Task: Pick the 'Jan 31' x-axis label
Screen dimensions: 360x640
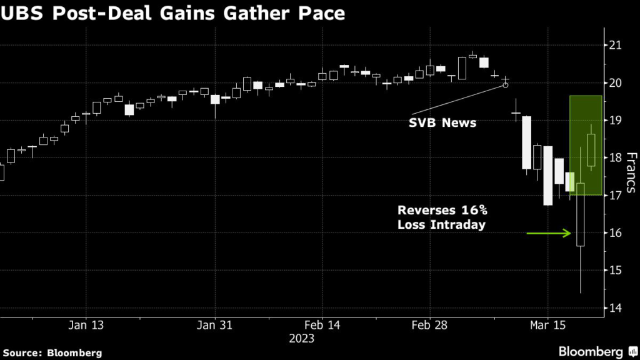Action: (x=214, y=326)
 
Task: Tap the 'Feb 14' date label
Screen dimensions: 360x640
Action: (x=322, y=326)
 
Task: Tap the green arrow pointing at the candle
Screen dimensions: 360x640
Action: (x=549, y=233)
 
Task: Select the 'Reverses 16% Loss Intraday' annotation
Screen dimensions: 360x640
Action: (x=441, y=218)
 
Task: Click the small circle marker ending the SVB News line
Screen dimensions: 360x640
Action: (x=506, y=84)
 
